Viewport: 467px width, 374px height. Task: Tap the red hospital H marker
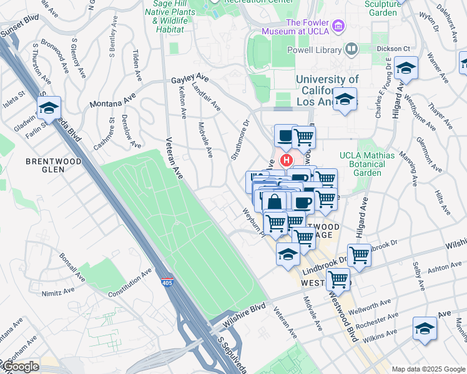click(287, 160)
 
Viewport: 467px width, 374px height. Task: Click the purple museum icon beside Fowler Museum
click(338, 26)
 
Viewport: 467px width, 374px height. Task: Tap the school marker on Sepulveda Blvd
click(49, 108)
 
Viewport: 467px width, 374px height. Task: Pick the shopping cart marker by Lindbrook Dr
click(359, 254)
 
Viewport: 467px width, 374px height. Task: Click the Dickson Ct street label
click(397, 49)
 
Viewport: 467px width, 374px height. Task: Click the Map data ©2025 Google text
click(428, 369)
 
